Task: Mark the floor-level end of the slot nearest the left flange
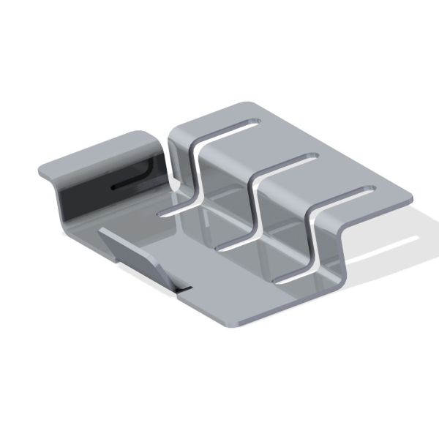click(x=165, y=213)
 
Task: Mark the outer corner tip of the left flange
click(x=40, y=170)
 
